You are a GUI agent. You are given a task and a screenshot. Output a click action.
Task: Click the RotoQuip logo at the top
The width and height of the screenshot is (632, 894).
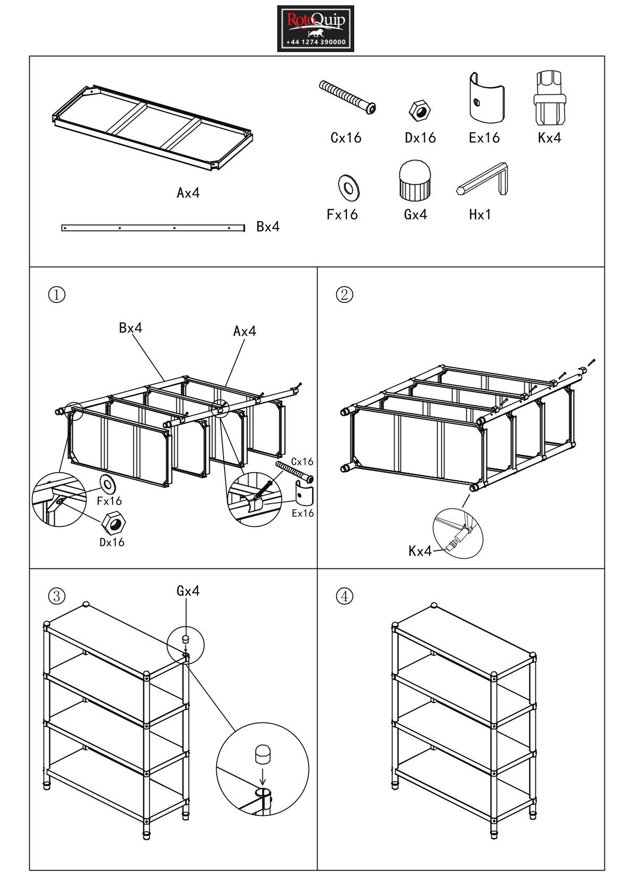(x=315, y=28)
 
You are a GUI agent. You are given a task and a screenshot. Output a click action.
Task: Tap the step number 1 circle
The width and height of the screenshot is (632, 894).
(x=57, y=294)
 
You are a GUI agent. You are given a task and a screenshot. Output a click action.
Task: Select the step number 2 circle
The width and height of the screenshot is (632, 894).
(x=345, y=294)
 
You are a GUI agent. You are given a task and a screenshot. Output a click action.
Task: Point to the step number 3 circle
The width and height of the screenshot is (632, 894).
(x=57, y=597)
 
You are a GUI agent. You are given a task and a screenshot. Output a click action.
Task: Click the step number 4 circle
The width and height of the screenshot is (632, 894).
(x=345, y=597)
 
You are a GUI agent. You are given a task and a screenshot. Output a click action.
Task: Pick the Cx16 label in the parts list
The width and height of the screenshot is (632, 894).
(x=346, y=138)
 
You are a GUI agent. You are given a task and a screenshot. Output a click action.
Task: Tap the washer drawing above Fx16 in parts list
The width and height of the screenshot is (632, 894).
(x=349, y=187)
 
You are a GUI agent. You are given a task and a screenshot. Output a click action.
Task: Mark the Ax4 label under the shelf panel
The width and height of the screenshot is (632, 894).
(x=188, y=193)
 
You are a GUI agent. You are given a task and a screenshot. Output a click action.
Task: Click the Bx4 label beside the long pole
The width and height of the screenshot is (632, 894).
(x=268, y=227)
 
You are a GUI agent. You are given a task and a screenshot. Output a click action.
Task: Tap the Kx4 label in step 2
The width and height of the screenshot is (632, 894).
(x=420, y=551)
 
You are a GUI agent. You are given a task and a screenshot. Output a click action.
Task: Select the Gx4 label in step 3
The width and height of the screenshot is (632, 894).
(x=188, y=591)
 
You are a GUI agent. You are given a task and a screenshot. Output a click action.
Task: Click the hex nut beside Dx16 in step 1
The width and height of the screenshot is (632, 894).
(x=114, y=523)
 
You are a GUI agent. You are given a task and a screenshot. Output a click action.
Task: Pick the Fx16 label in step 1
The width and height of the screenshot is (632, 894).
(x=109, y=501)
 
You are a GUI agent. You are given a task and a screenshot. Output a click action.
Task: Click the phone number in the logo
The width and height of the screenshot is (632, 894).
(x=315, y=42)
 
